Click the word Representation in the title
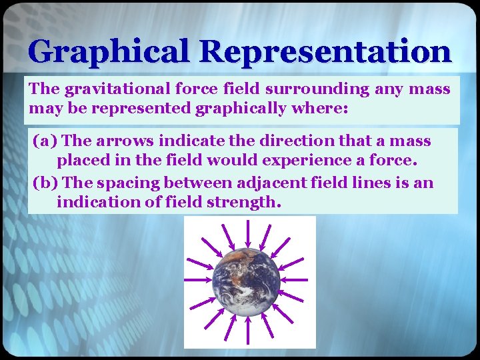[x=324, y=51]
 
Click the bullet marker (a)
[x=45, y=141]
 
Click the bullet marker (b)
[x=45, y=183]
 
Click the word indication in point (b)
[x=95, y=202]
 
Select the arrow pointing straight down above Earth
[x=248, y=233]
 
